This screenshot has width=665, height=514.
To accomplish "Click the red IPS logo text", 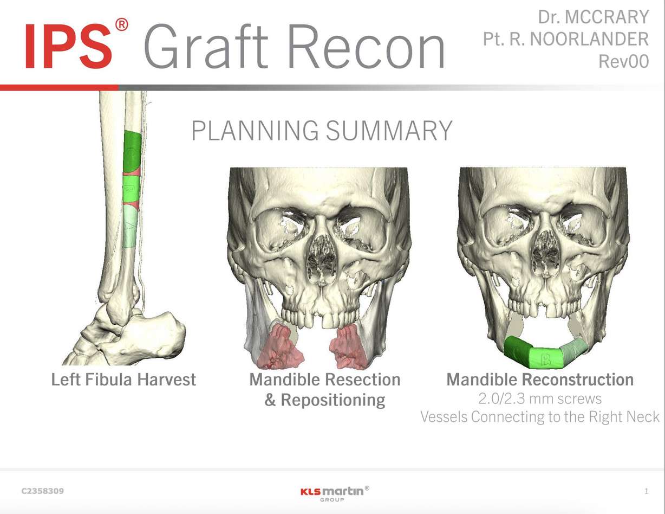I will (x=69, y=46).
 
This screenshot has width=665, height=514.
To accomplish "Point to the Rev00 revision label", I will (x=623, y=61).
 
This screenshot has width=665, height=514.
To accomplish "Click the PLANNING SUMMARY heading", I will (x=322, y=131).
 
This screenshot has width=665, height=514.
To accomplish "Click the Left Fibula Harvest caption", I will (x=123, y=380).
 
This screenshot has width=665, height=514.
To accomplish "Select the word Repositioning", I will (x=332, y=400).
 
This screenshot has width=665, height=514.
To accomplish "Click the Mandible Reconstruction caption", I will (x=539, y=380).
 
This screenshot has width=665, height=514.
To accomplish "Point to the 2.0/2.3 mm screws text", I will (x=539, y=399).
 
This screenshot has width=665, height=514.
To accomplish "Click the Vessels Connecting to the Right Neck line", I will (x=539, y=417).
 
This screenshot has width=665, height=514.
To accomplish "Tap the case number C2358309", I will (x=42, y=491).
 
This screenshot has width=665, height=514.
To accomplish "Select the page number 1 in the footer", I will (x=646, y=491).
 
